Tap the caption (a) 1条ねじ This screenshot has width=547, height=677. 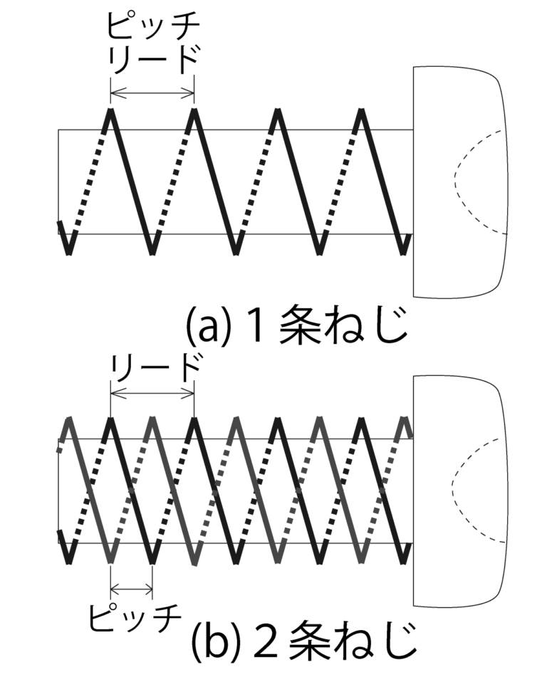point(297,325)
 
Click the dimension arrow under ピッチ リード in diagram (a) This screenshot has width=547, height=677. point(152,92)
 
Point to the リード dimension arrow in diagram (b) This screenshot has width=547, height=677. point(152,393)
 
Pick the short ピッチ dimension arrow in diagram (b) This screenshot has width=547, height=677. point(132,588)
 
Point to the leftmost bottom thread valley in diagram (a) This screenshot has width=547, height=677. point(68,253)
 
